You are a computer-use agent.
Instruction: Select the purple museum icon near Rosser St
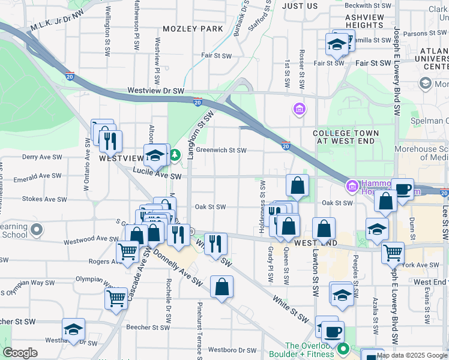tap(298, 109)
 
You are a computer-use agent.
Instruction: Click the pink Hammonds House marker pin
tap(352, 187)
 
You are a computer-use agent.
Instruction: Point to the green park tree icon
tap(175, 156)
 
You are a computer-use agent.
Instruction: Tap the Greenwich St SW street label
tap(221, 151)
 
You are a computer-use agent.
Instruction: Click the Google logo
tap(20, 353)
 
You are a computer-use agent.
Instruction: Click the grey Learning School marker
tap(37, 229)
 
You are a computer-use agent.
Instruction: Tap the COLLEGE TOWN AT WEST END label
tap(345, 137)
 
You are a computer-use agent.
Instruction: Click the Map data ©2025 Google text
tap(412, 355)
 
